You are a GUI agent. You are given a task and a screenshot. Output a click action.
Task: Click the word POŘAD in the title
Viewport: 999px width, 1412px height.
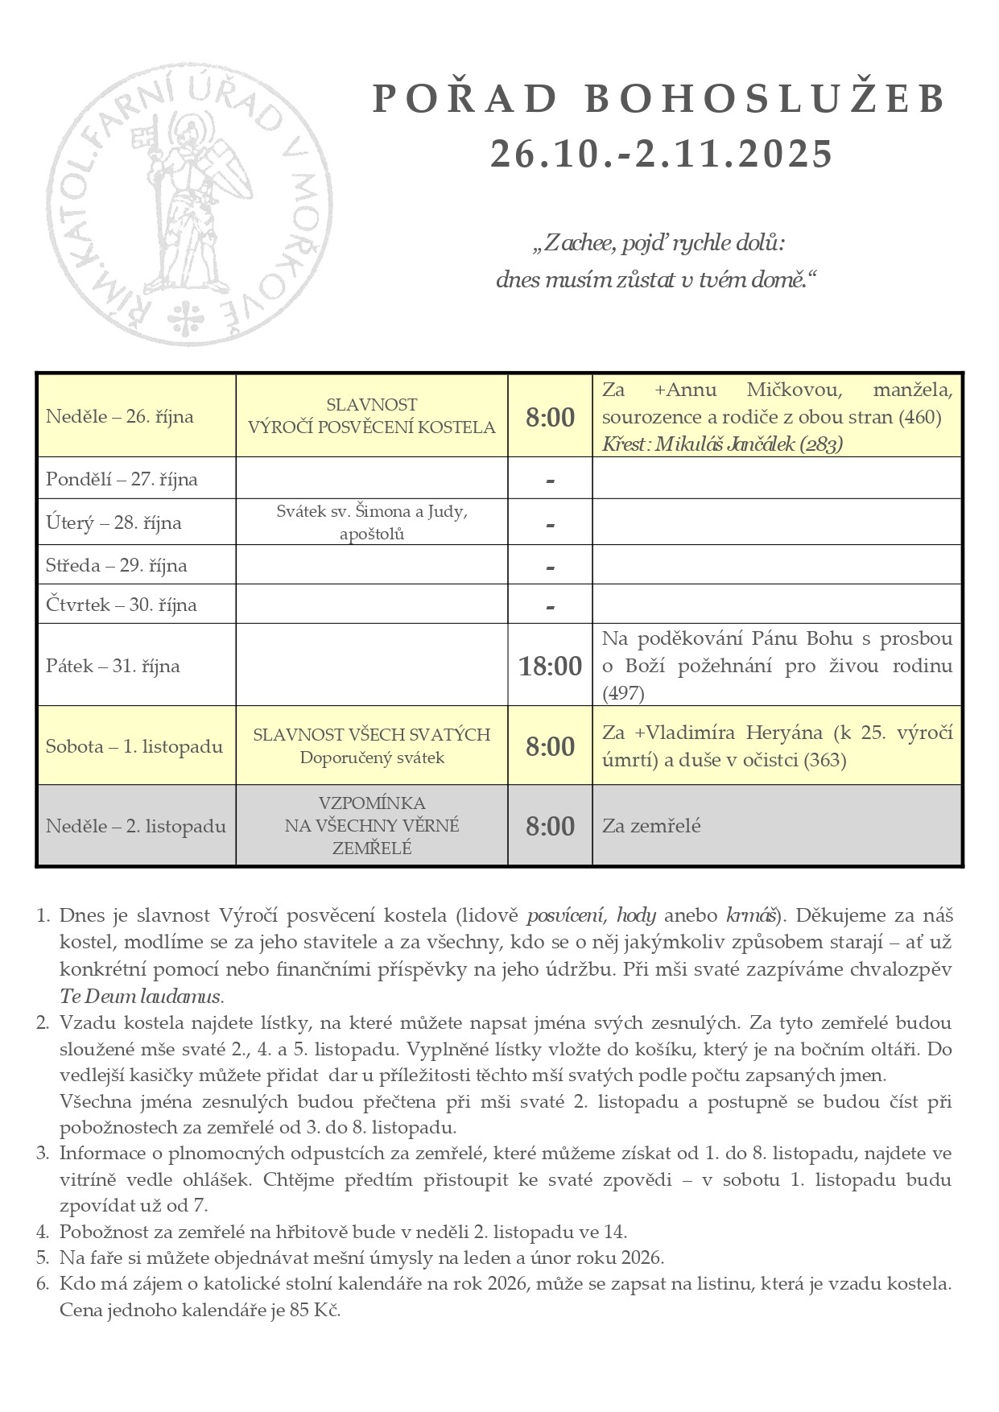pos(466,99)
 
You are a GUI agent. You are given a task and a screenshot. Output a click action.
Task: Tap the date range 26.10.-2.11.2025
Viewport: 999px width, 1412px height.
pos(661,154)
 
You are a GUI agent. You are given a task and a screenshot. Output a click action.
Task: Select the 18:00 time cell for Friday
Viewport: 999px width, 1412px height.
pos(550,666)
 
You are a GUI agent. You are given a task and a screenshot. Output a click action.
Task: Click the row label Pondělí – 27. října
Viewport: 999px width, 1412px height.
pos(122,479)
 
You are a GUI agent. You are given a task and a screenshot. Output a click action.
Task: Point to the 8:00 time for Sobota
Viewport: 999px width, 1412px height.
pos(550,746)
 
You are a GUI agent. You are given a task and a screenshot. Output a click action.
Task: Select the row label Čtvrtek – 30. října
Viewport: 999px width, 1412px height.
pos(122,605)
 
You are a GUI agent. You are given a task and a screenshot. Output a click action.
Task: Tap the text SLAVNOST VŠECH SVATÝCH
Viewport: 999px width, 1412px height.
pos(371,734)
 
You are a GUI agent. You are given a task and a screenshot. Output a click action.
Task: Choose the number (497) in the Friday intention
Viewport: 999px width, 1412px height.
pos(623,692)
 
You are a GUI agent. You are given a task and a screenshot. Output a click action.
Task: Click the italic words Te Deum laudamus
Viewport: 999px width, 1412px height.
pos(140,996)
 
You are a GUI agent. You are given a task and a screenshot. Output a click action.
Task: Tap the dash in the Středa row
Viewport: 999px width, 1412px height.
pos(550,567)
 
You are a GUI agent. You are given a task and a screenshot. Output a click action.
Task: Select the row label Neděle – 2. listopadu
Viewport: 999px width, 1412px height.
pos(135,826)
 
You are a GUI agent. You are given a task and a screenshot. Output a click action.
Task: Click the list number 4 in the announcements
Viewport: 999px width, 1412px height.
pos(43,1231)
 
